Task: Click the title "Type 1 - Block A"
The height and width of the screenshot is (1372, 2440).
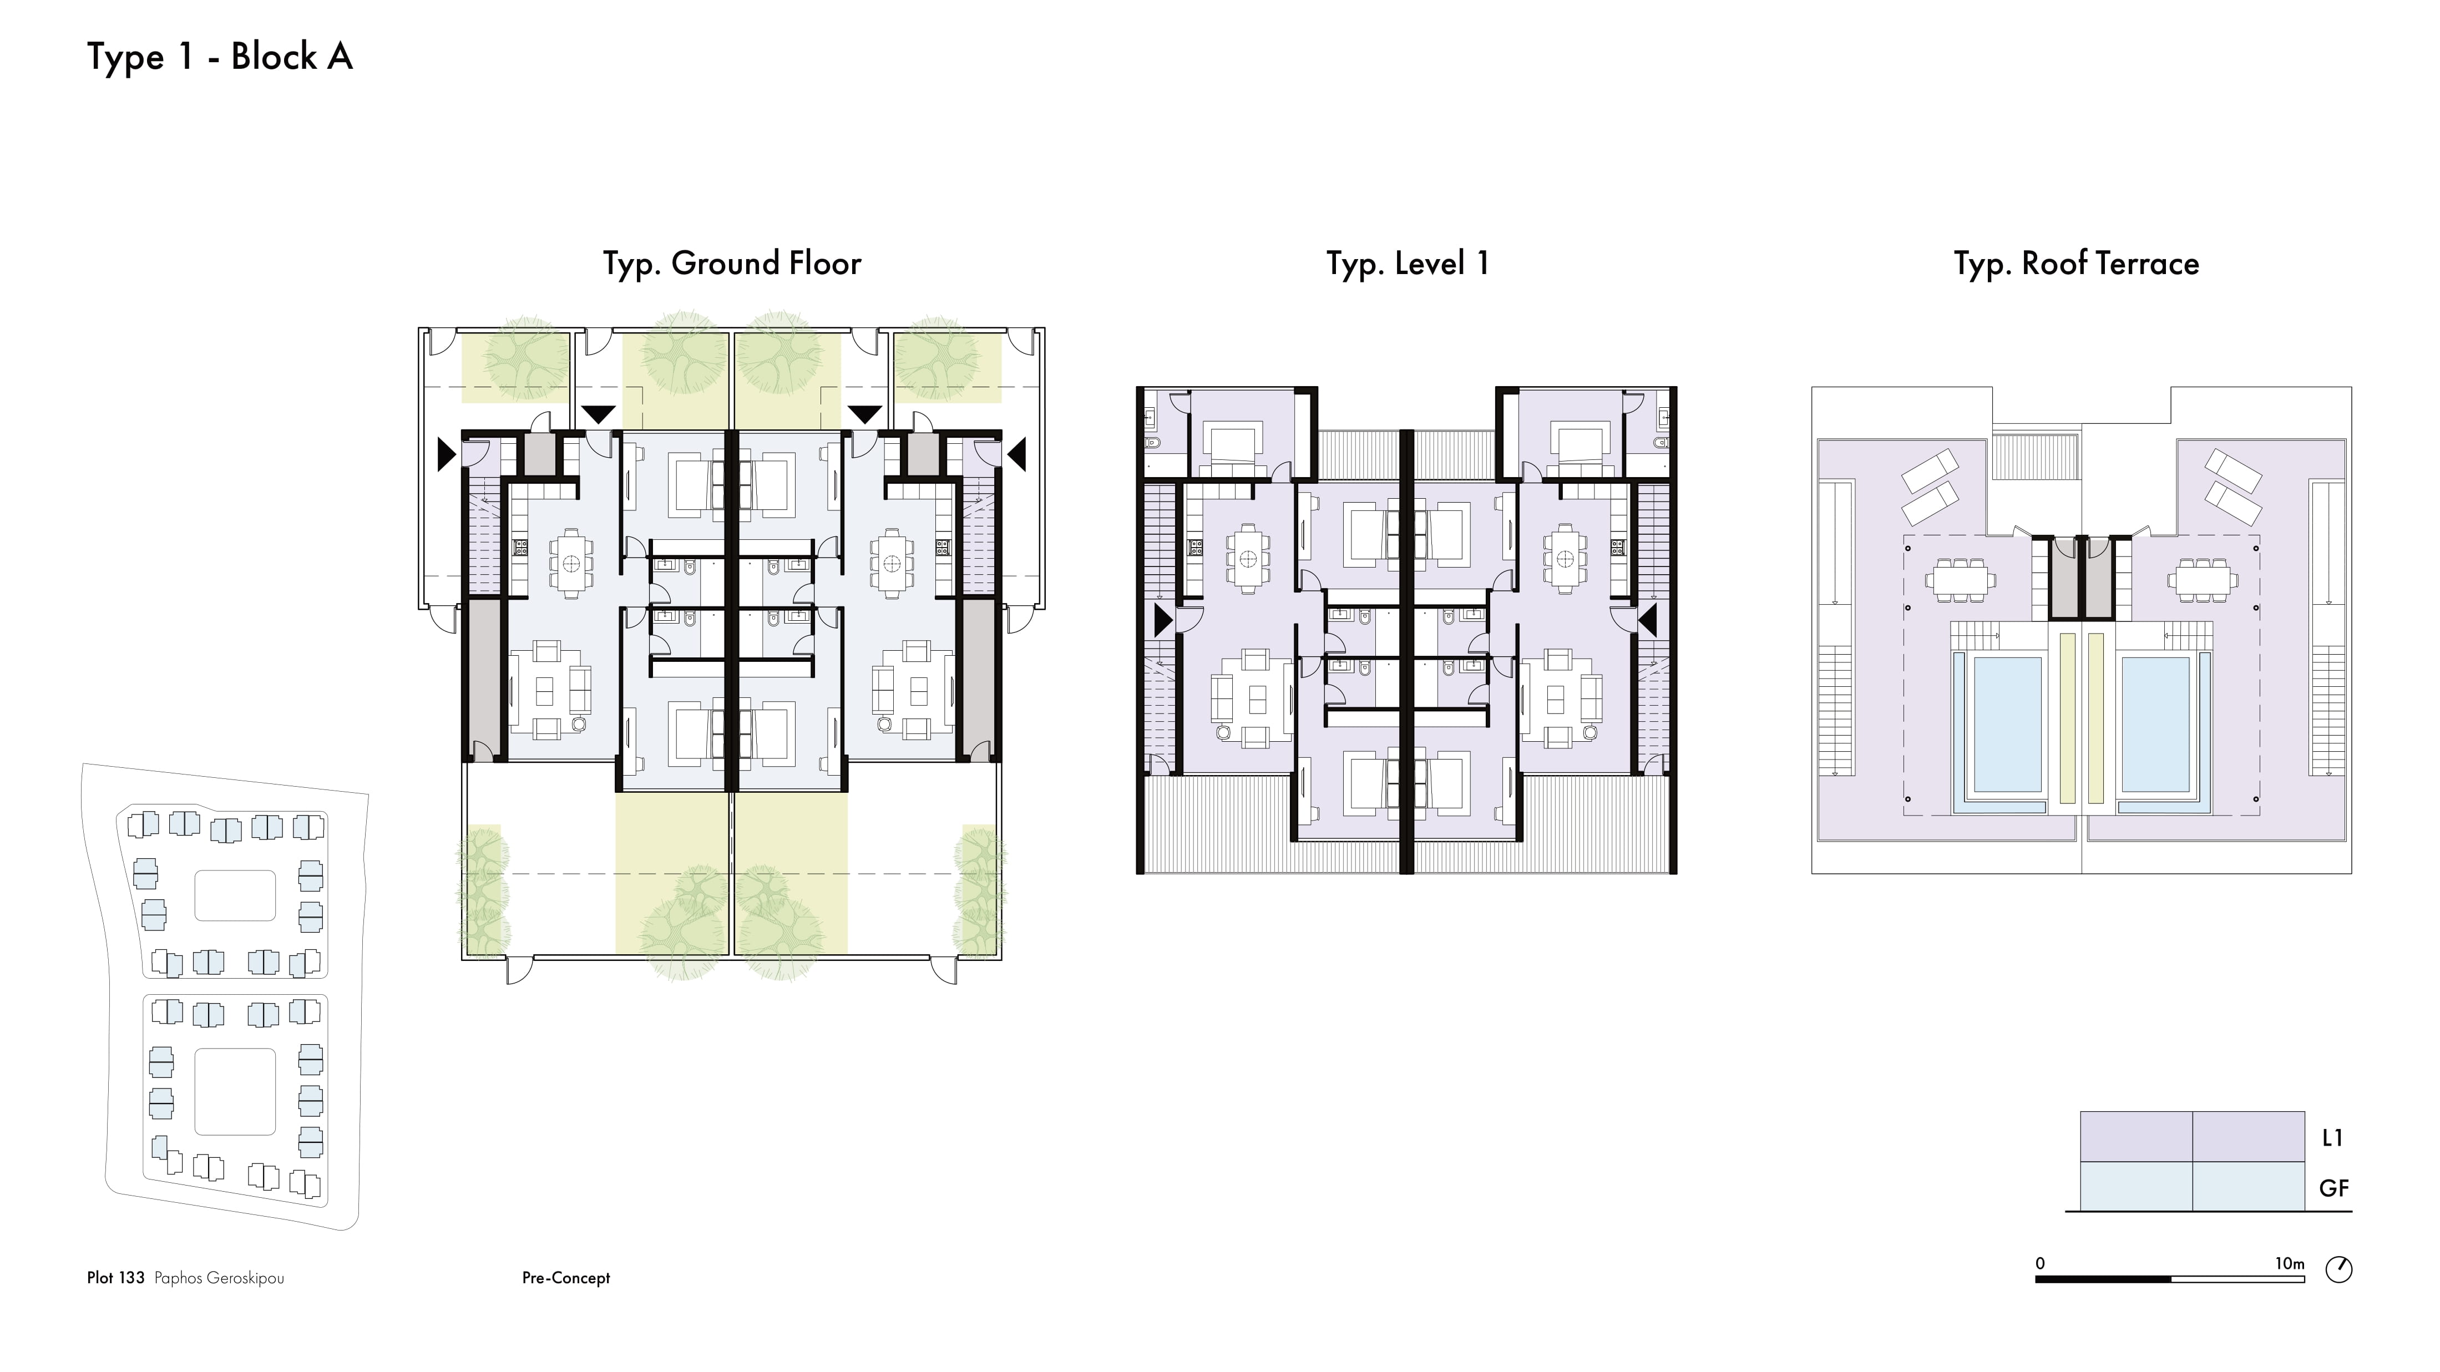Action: point(220,57)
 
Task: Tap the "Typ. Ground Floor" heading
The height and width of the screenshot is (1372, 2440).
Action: point(732,264)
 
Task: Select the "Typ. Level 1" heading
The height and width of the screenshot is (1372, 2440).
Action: point(1408,264)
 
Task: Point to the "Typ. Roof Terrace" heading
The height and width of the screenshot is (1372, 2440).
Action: point(2076,264)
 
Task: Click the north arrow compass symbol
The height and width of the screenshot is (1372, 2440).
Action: point(2338,1269)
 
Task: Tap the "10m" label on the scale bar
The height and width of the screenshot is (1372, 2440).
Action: point(2290,1263)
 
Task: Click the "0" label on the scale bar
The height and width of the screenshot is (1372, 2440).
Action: point(2041,1263)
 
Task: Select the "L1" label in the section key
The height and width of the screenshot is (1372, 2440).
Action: point(2332,1138)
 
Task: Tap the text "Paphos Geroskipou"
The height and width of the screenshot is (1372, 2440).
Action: point(219,1278)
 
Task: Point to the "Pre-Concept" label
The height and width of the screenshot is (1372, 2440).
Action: point(565,1278)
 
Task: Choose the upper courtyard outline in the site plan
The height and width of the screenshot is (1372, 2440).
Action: point(235,895)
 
